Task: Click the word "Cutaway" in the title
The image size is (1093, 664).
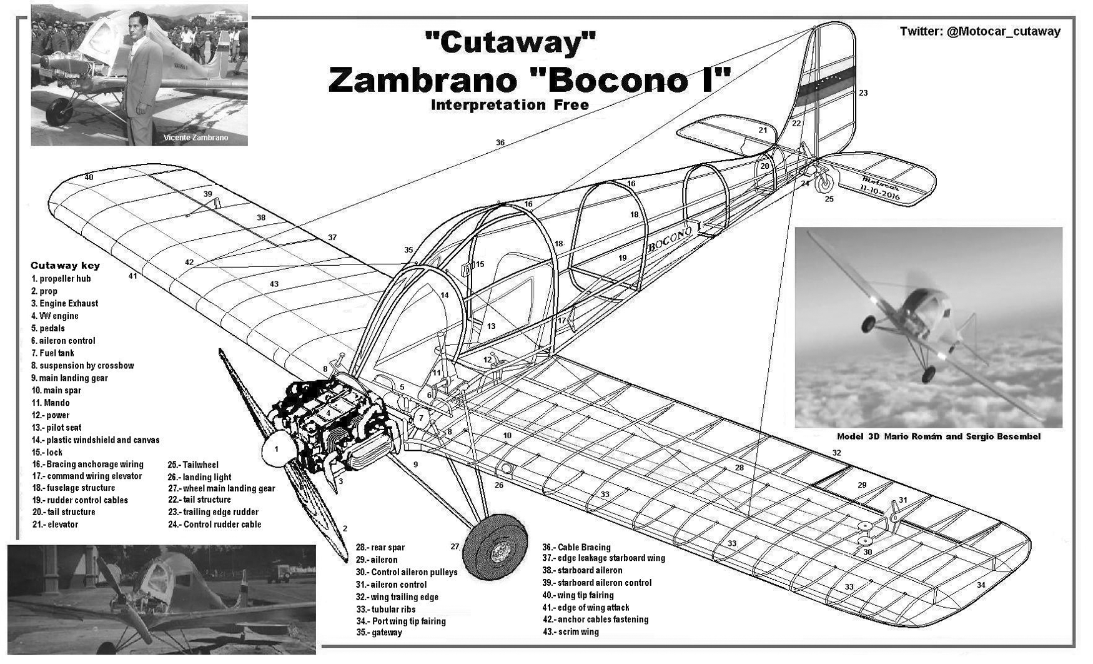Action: click(509, 44)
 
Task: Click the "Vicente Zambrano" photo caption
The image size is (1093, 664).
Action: click(195, 138)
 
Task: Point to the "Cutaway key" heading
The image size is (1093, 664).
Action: click(65, 265)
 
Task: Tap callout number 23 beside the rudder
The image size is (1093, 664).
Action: click(863, 93)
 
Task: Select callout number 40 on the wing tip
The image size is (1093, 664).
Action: click(89, 178)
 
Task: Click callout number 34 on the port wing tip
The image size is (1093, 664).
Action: click(981, 585)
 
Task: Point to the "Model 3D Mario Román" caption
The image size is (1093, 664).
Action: click(938, 436)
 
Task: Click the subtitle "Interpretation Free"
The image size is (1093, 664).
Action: click(510, 104)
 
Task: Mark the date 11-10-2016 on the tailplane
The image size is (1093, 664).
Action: click(881, 191)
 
